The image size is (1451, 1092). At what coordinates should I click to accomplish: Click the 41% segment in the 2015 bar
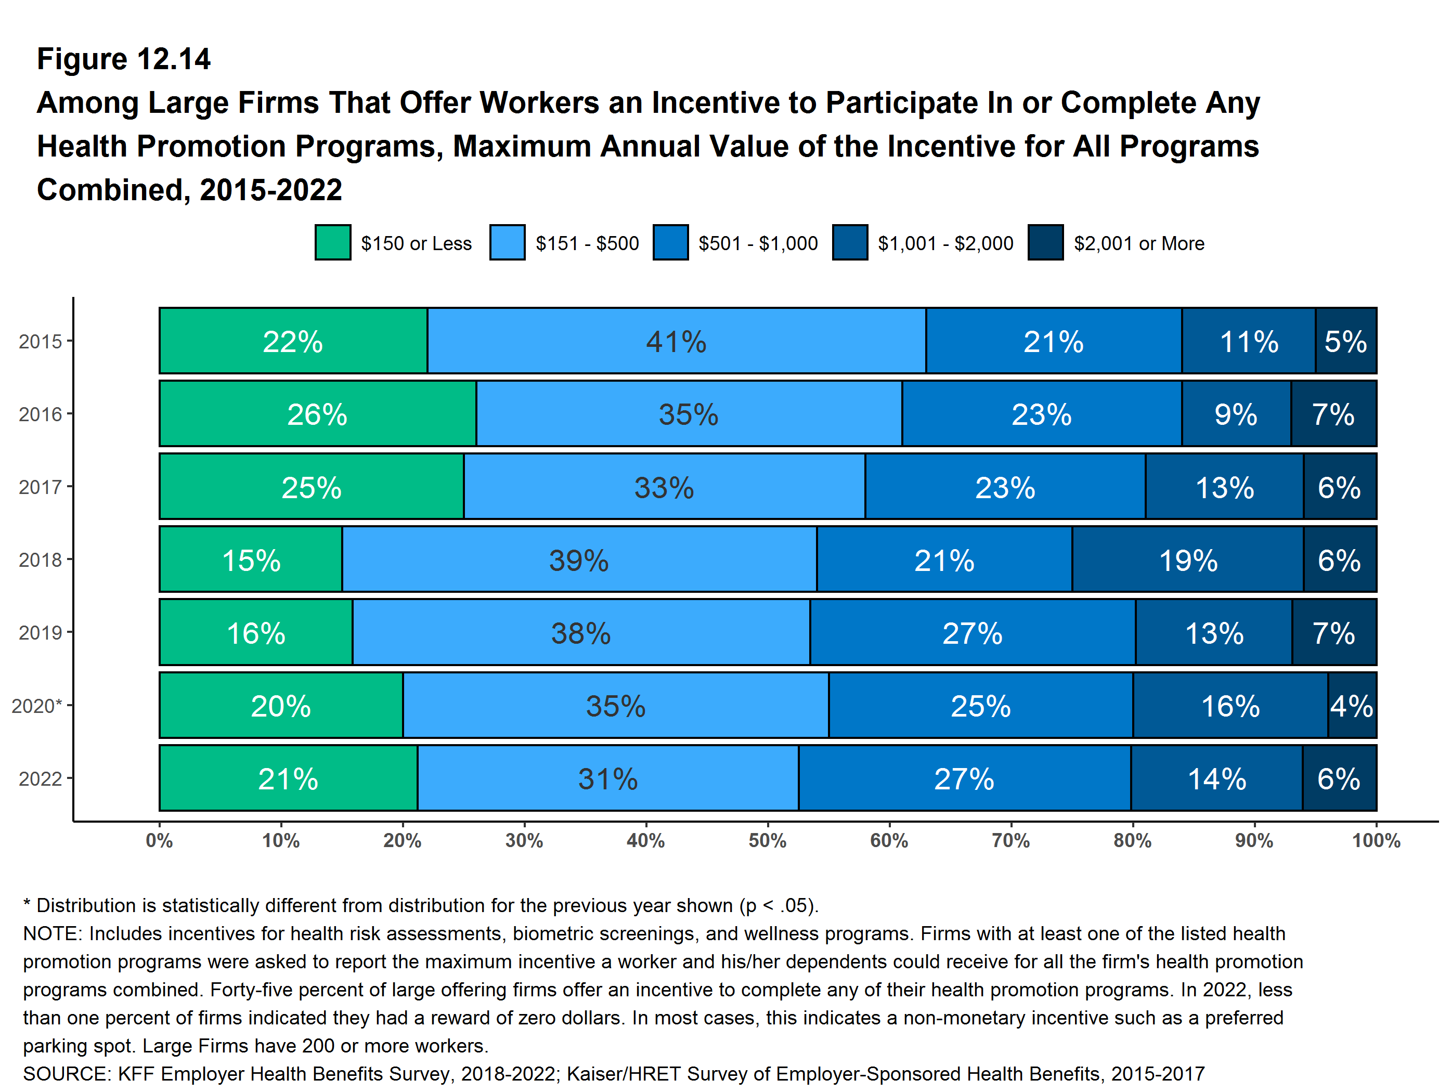click(x=676, y=341)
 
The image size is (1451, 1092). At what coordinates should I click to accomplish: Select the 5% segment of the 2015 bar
click(x=1345, y=341)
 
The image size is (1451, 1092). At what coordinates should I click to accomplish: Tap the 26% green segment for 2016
click(x=317, y=414)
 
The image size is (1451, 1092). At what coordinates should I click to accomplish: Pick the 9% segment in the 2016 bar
click(x=1236, y=414)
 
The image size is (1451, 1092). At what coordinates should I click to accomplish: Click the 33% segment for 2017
click(x=664, y=487)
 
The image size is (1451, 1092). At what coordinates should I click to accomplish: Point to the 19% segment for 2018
click(x=1188, y=560)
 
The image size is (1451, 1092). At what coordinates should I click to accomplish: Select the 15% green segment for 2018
click(x=251, y=560)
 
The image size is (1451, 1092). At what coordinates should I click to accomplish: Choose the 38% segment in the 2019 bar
click(x=580, y=633)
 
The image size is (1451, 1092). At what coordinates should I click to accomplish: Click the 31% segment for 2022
click(x=607, y=778)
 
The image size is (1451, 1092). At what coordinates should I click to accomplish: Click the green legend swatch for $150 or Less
click(x=332, y=243)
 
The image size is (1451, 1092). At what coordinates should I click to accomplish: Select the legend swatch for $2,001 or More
click(x=1046, y=243)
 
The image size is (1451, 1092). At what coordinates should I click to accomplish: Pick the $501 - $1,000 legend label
click(x=758, y=243)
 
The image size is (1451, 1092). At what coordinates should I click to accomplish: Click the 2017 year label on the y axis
click(x=40, y=487)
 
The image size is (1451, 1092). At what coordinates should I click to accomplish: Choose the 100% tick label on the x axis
click(x=1376, y=841)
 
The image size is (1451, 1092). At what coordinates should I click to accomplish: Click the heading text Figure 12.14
click(x=123, y=59)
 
